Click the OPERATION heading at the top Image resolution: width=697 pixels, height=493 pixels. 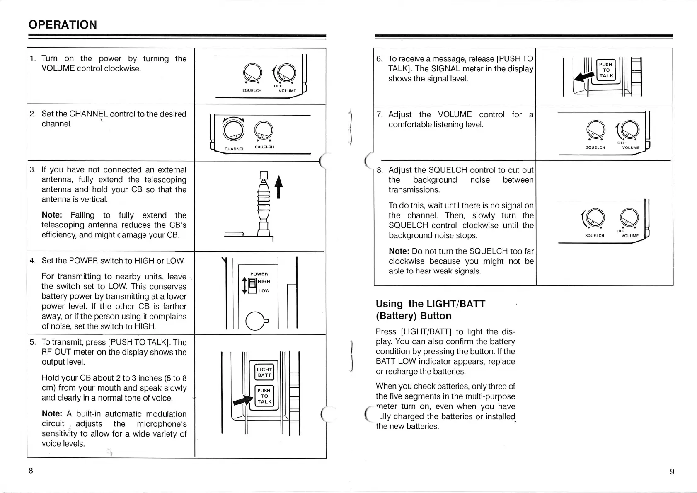tap(63, 24)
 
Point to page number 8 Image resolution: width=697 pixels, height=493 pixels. tap(31, 471)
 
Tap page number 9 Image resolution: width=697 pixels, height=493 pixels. tap(672, 471)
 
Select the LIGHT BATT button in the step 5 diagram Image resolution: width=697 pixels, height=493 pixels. tap(264, 372)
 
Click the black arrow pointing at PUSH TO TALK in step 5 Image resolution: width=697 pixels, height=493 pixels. tap(243, 400)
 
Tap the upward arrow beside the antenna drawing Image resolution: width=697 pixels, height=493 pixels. tap(279, 187)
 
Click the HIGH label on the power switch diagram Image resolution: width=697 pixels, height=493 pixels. tap(264, 281)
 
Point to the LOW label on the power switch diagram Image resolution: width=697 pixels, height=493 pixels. tap(264, 291)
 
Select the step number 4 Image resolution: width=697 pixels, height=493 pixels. tap(32, 261)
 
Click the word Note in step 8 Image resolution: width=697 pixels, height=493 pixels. tap(399, 251)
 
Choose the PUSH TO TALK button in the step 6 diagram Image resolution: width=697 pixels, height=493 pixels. tap(606, 70)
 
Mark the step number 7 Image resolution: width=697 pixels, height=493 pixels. tap(379, 114)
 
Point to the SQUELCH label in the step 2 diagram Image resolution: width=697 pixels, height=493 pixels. tap(264, 147)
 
